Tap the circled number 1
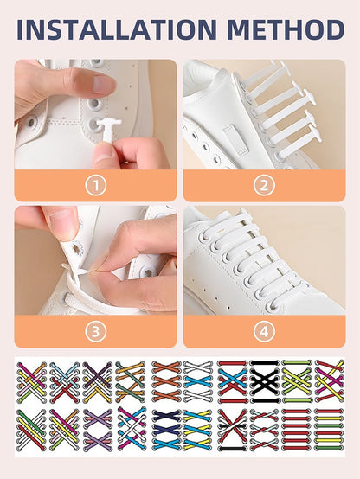95,184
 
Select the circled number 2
264,184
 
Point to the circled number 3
95,330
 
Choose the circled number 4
264,330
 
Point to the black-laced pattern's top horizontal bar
264,364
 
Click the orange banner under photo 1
95,185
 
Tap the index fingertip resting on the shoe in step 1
103,84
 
